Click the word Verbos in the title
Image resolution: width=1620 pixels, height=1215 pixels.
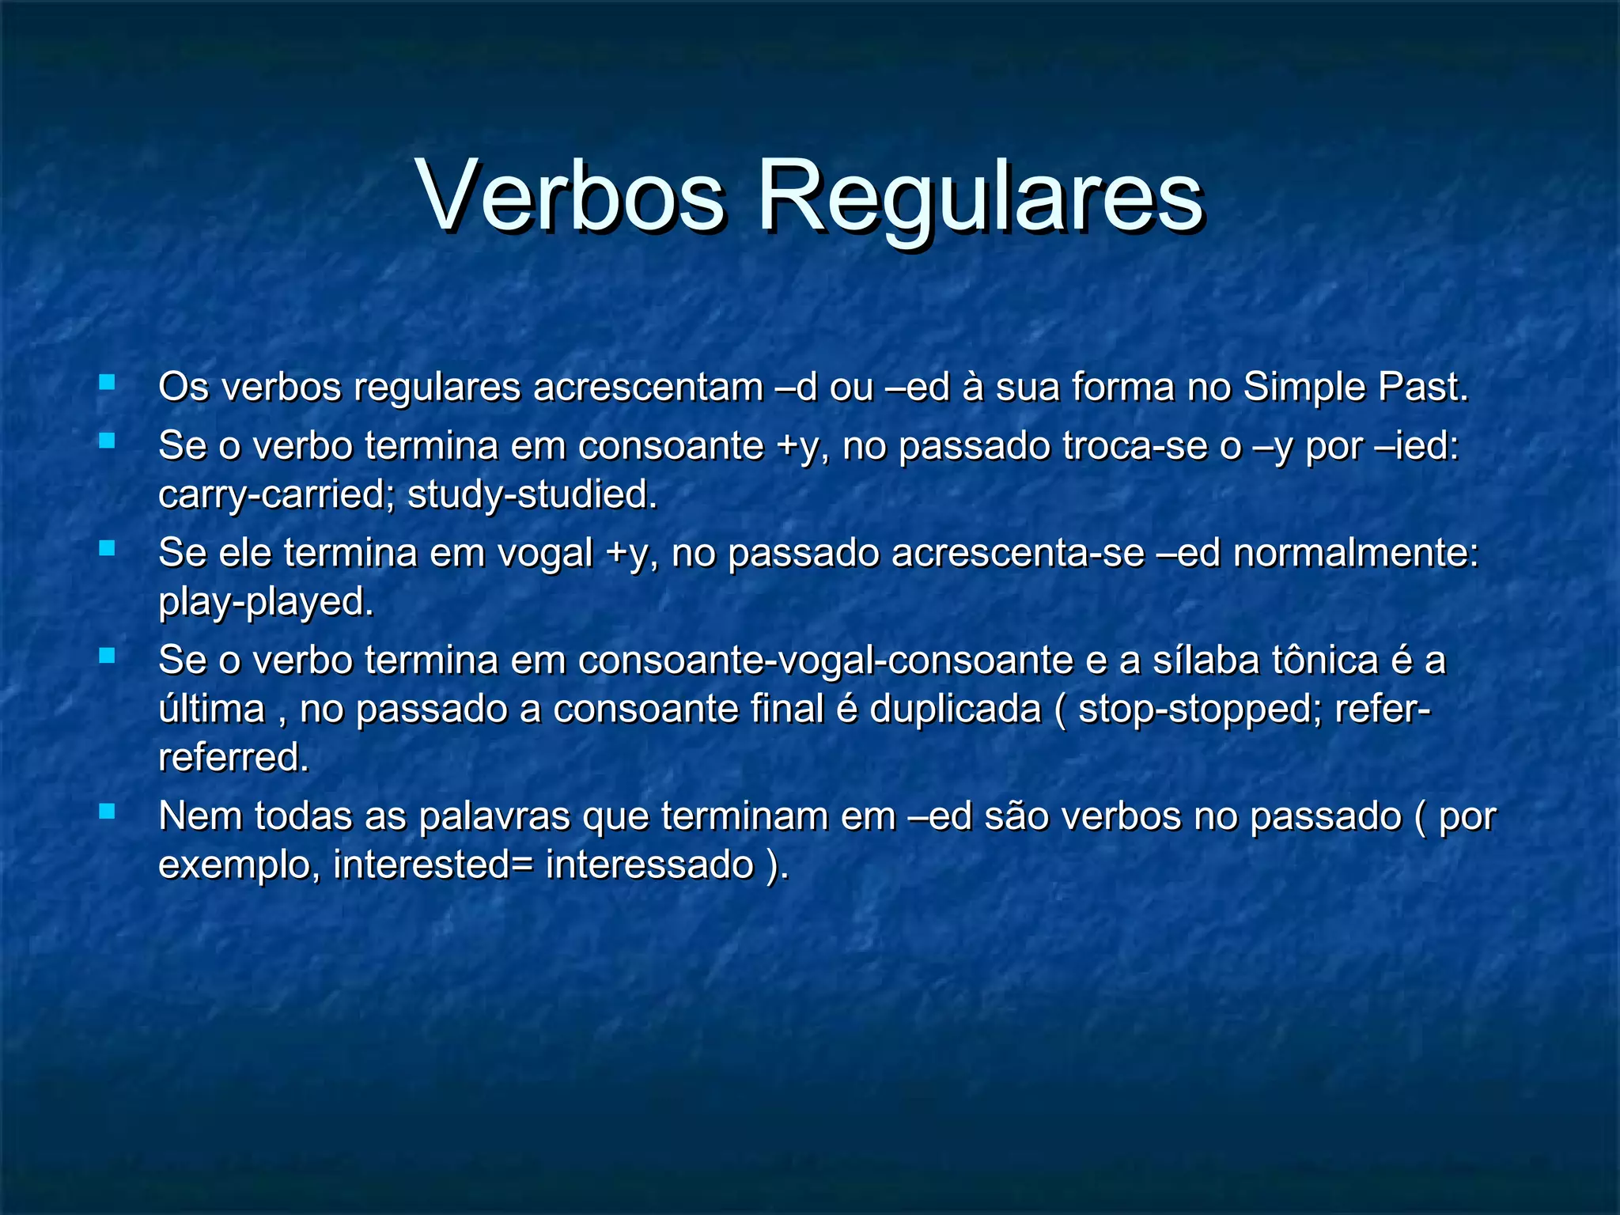570,195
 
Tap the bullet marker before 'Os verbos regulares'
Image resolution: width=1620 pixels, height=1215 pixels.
107,384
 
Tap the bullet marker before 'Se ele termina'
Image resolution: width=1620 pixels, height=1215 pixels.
107,548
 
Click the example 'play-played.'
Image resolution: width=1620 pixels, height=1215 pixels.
266,602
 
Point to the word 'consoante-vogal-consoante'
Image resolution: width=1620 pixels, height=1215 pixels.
825,660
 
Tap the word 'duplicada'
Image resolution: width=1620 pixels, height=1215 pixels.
956,709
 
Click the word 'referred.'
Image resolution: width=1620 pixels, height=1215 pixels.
233,758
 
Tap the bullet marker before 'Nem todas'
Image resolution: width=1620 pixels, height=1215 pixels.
107,812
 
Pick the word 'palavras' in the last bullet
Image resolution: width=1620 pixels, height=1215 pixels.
494,816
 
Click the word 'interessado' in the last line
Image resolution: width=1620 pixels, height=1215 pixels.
649,865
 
